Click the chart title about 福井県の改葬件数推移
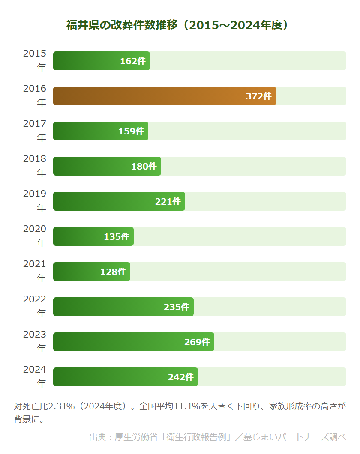[x=177, y=25]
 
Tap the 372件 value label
[x=258, y=96]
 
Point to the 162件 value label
[x=133, y=61]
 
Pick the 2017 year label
[x=34, y=131]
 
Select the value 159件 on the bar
[x=131, y=131]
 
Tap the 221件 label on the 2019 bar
[x=168, y=202]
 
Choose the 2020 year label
[x=34, y=236]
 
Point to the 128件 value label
[x=113, y=272]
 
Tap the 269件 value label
[x=197, y=342]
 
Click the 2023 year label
[x=34, y=341]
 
